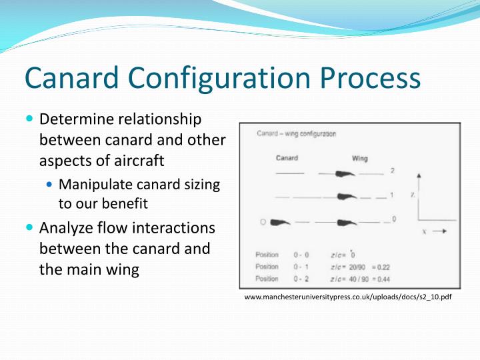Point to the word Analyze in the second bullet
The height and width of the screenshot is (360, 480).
(67, 229)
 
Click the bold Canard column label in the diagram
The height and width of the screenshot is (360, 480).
(287, 158)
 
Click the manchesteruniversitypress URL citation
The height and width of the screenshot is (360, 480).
(348, 297)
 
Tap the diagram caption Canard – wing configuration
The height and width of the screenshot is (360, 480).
(297, 133)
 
